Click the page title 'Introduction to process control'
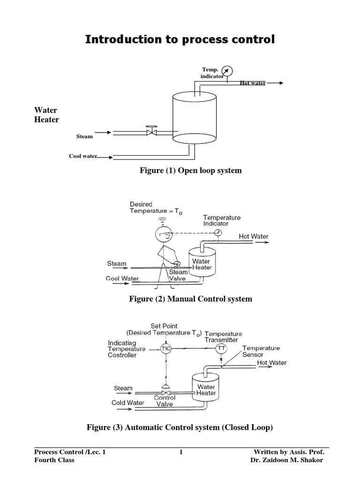(180, 40)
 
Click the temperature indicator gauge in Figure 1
(226, 71)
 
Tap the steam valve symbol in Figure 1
(151, 132)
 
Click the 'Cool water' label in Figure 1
(83, 156)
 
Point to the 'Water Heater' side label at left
(47, 115)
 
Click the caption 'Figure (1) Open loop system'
(191, 171)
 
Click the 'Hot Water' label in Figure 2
(254, 236)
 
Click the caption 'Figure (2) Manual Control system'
(191, 299)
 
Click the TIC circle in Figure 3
(166, 349)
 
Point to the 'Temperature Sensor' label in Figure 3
(261, 351)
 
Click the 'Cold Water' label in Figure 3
(128, 403)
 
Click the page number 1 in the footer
(180, 452)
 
